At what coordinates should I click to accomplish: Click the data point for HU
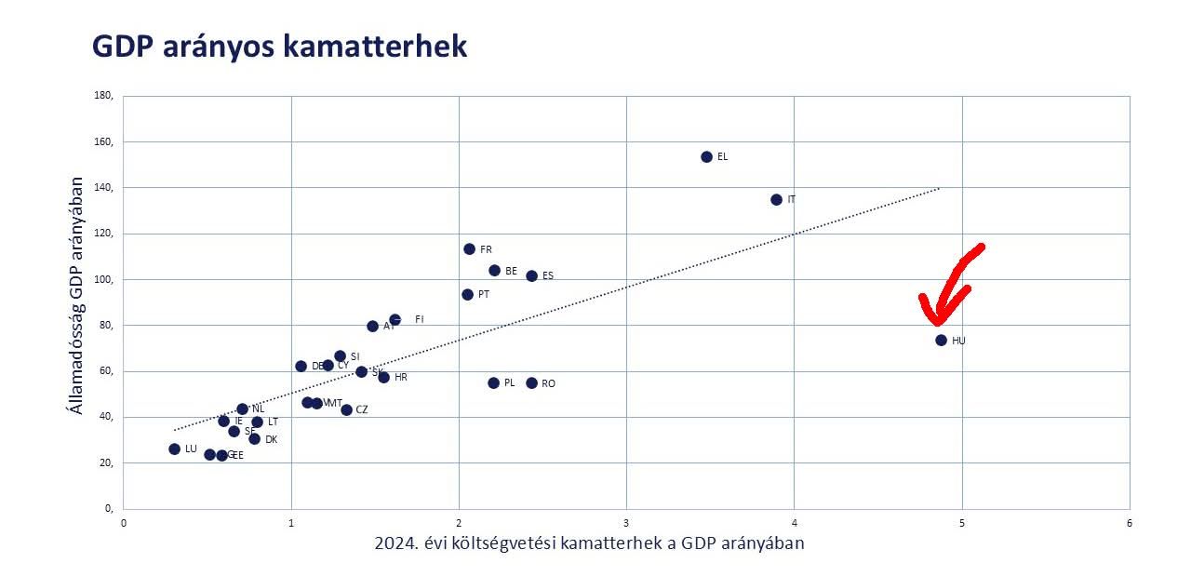(x=941, y=341)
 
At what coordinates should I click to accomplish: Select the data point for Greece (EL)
(x=706, y=157)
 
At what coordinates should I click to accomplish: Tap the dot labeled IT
(x=776, y=200)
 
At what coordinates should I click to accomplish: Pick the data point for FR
(x=469, y=249)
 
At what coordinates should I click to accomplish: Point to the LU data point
(x=174, y=449)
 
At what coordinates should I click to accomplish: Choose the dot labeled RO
(x=531, y=383)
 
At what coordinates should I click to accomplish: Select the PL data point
(x=493, y=383)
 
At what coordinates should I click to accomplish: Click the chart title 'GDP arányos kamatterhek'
(x=279, y=47)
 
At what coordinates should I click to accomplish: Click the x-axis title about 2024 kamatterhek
(x=589, y=543)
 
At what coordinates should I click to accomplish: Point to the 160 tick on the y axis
(x=102, y=142)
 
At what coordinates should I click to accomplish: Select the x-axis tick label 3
(x=626, y=523)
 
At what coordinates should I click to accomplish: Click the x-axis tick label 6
(x=1129, y=523)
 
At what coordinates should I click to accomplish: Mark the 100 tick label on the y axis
(x=102, y=279)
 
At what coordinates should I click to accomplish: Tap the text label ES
(x=547, y=276)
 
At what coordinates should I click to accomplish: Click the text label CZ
(x=361, y=410)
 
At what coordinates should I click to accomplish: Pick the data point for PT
(x=467, y=295)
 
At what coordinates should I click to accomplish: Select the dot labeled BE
(x=494, y=271)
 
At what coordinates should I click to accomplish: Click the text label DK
(x=271, y=439)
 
